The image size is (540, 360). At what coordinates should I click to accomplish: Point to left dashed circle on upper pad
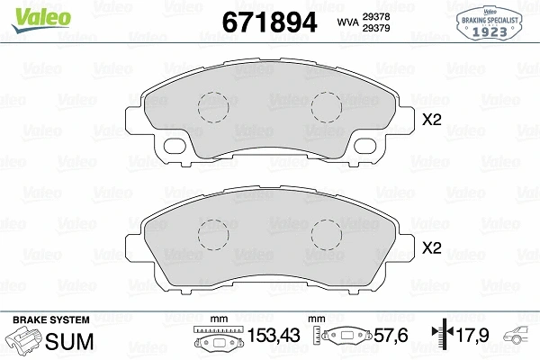[214, 107]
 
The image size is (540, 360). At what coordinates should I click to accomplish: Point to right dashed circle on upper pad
[327, 107]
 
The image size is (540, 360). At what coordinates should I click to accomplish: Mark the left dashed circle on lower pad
[214, 236]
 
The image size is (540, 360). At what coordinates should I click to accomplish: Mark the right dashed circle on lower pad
[327, 236]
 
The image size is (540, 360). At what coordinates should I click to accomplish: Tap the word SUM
[65, 342]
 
